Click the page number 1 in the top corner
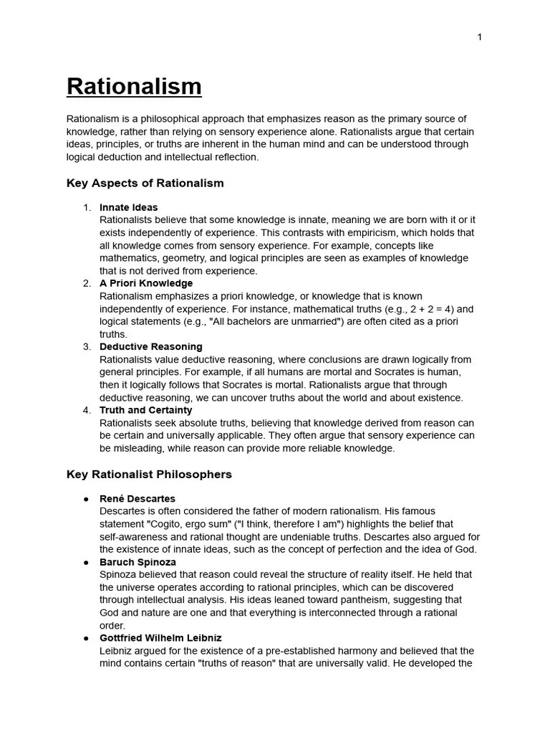tap(479, 37)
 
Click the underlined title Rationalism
tap(134, 87)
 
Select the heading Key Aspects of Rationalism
tap(145, 183)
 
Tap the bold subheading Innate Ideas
tap(129, 208)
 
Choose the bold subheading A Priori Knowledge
tap(146, 283)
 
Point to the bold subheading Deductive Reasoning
tap(151, 347)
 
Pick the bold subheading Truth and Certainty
tap(146, 410)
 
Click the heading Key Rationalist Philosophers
tap(149, 475)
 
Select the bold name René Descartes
tap(137, 499)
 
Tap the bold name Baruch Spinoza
tap(137, 562)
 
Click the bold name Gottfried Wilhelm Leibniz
tap(160, 638)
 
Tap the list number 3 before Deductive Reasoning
tap(87, 347)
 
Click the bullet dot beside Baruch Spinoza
tap(86, 562)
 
